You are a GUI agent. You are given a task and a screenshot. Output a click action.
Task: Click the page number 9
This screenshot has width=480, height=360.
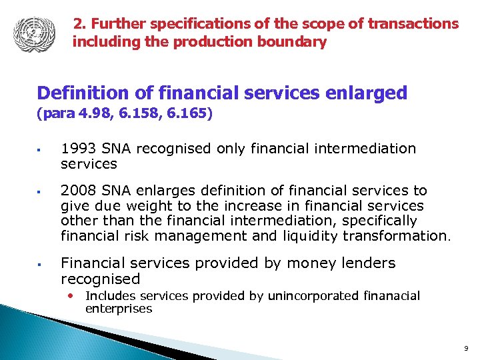tap(465, 347)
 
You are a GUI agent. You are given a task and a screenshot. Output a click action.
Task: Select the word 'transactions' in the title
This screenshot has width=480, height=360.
tap(415, 24)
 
